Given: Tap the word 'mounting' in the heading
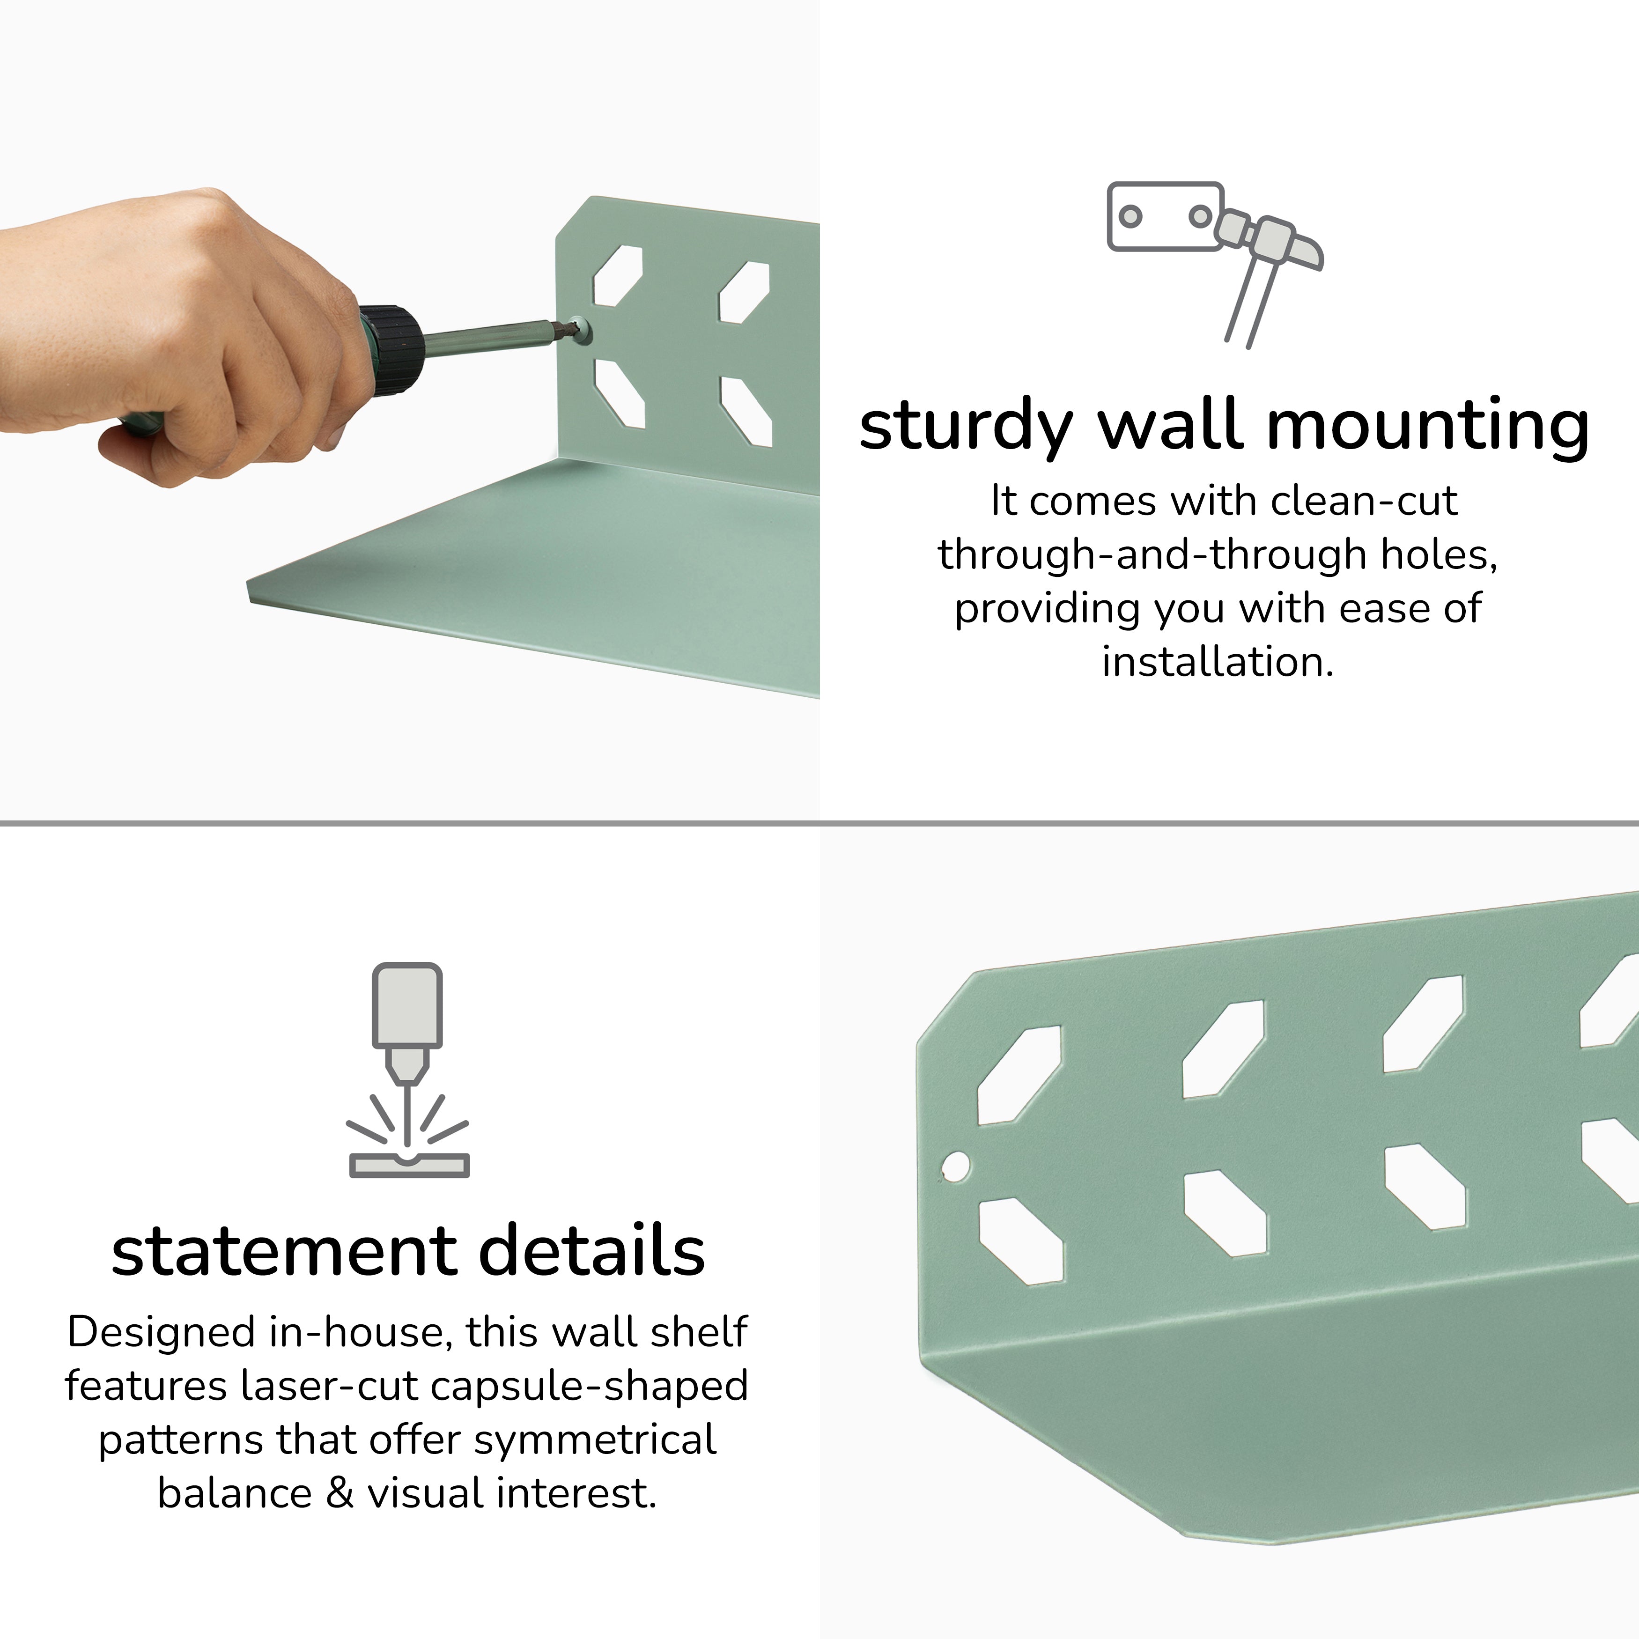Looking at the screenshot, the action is pos(1429,427).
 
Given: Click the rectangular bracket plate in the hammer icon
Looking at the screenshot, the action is pos(1165,216).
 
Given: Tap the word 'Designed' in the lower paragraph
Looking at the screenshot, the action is pos(164,1333).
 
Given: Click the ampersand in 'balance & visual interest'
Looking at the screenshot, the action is pos(340,1493).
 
